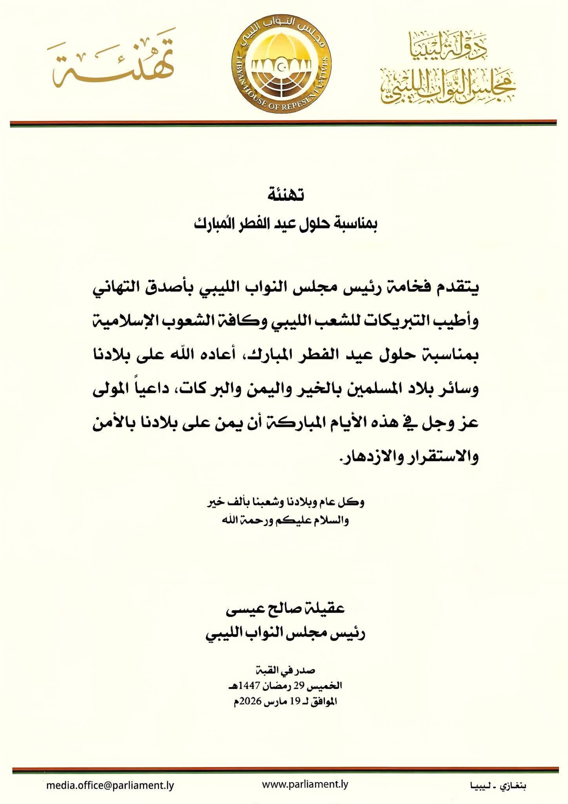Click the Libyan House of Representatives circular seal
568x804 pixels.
click(285, 63)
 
